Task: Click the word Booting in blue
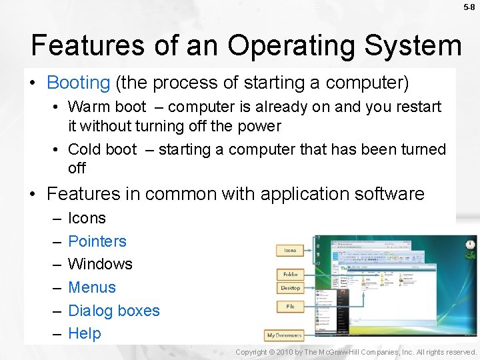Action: [x=78, y=83]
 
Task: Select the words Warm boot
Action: [x=107, y=107]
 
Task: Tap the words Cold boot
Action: [x=103, y=149]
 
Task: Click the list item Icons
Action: [x=87, y=218]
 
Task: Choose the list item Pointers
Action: [x=97, y=241]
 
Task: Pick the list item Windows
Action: [x=100, y=264]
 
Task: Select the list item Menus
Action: [x=92, y=287]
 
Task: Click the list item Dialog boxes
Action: [x=114, y=311]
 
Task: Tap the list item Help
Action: [x=84, y=333]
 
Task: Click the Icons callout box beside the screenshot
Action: [x=290, y=251]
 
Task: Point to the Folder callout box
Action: [x=290, y=274]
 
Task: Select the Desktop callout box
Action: [x=290, y=288]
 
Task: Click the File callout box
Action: [x=290, y=307]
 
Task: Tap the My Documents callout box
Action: [x=284, y=335]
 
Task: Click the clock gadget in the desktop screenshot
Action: [x=470, y=245]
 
